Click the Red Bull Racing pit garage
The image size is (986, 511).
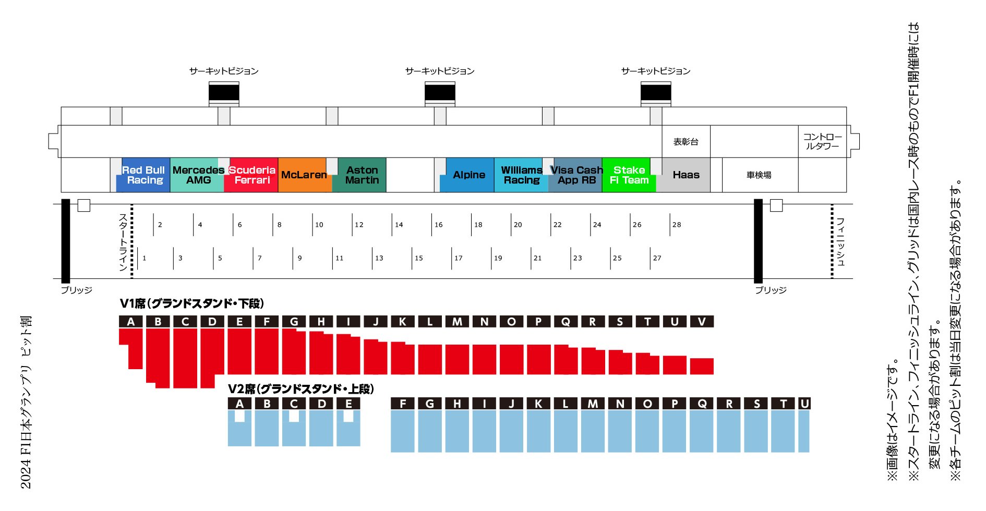(x=143, y=175)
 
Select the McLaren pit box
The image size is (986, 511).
(x=304, y=175)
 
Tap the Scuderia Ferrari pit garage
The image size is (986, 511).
(x=251, y=175)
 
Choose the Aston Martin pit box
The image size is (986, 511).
(x=362, y=175)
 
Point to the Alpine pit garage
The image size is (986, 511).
(x=468, y=175)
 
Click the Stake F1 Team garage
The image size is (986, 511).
(x=629, y=175)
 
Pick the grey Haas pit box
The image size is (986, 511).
(x=686, y=175)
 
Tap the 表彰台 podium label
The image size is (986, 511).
(x=686, y=142)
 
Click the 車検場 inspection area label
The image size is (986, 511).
(x=759, y=175)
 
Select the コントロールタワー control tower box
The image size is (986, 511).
(x=822, y=141)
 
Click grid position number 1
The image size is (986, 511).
(x=145, y=258)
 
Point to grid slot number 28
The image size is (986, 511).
(x=677, y=225)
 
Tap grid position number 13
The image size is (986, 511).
(x=379, y=258)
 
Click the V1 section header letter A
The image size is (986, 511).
(x=130, y=322)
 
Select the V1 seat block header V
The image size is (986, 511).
(x=702, y=322)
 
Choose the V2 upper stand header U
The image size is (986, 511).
(x=804, y=404)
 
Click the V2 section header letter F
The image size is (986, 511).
(x=403, y=404)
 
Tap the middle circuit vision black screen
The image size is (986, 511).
(x=440, y=93)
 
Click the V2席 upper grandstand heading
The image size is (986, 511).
(x=301, y=389)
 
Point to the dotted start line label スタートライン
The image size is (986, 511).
(x=123, y=241)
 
